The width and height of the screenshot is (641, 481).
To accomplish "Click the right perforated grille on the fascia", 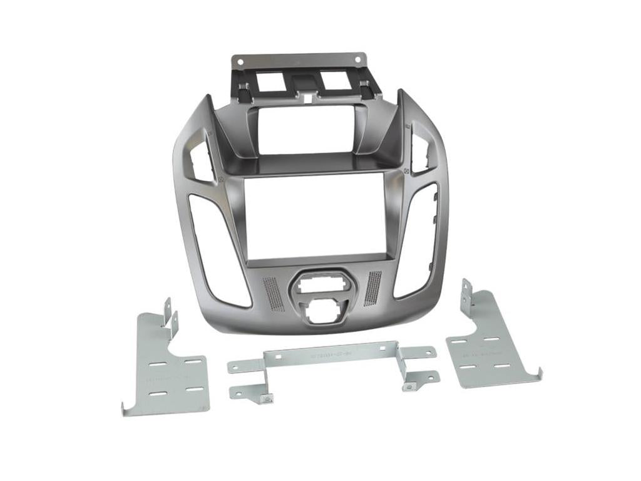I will click(372, 288).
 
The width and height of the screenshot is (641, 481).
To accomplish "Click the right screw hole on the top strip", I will click(357, 60).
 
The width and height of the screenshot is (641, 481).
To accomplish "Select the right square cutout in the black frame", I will click(334, 80).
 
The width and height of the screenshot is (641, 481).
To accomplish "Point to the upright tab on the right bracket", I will click(466, 294).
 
